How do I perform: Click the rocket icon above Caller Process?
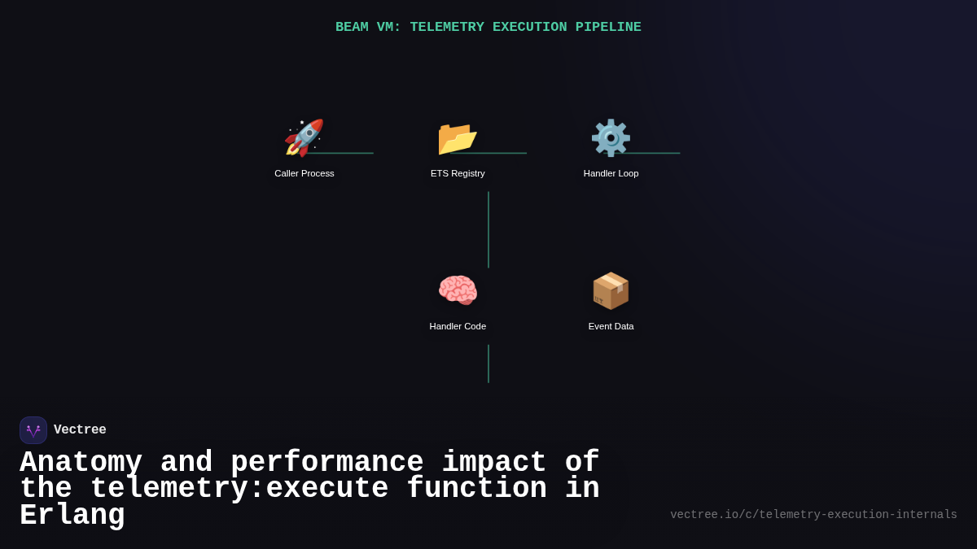304,137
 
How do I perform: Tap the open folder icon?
457,137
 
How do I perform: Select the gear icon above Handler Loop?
611,137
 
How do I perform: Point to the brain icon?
458,290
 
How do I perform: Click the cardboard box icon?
611,290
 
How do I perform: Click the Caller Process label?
304,173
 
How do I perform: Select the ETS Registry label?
458,173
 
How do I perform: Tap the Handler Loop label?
611,173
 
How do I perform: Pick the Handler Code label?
458,326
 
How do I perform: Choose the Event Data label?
611,326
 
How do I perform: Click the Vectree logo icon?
33,430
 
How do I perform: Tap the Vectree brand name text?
80,430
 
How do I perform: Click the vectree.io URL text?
813,515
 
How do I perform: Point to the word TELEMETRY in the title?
447,28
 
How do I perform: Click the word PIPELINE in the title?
608,28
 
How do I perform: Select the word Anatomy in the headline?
81,463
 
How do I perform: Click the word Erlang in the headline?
72,516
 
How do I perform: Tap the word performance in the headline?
326,463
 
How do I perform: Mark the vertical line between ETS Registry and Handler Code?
488,229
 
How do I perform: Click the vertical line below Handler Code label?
488,364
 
